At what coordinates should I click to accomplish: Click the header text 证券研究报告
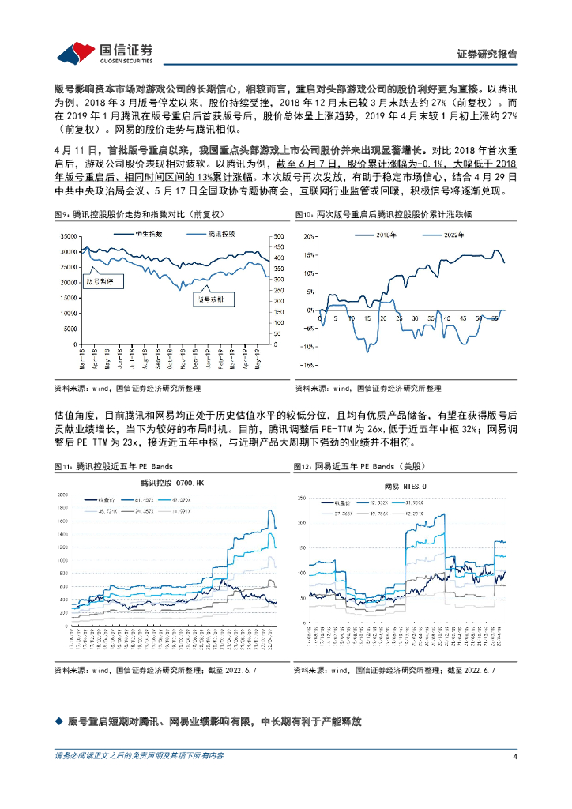coord(487,55)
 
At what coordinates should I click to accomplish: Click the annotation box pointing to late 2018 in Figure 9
coord(209,299)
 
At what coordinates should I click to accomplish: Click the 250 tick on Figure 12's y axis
coord(303,498)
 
